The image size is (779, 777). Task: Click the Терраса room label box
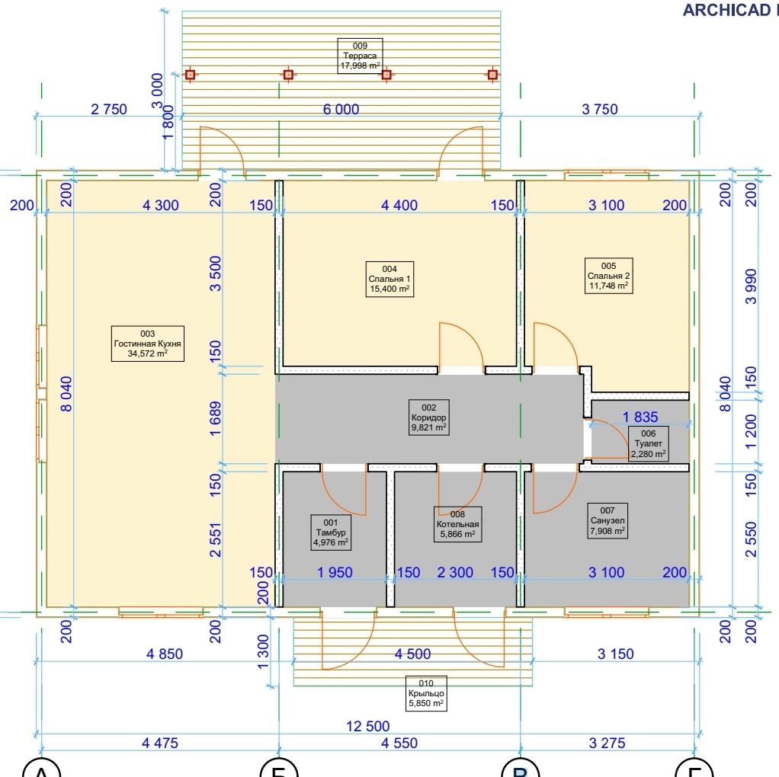coord(361,56)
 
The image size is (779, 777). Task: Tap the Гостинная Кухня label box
coord(147,344)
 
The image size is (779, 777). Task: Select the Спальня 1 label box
coord(389,279)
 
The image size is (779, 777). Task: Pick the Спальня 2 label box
coord(608,276)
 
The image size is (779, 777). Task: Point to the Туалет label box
coord(648,443)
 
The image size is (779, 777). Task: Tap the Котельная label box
coord(457,524)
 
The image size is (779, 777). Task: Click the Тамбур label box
coord(331,532)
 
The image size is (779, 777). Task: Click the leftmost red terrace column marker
coord(191,75)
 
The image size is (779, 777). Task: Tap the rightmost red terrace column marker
coord(492,75)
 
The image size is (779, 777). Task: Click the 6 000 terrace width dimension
coord(341,109)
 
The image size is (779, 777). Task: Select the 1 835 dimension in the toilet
coord(641,417)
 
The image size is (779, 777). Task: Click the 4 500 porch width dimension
coord(412,654)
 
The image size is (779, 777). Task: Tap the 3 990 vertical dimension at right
coord(752,286)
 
